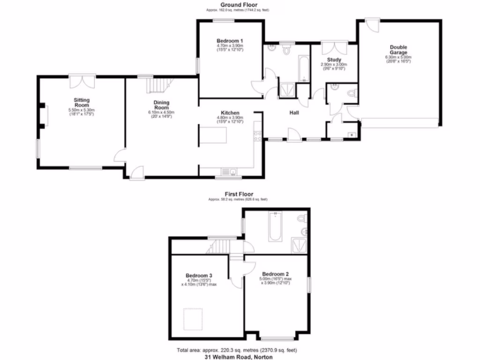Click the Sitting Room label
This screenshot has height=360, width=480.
(82, 102)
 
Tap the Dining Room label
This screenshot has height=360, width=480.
(161, 105)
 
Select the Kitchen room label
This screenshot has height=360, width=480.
(230, 113)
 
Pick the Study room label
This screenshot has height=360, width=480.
(334, 60)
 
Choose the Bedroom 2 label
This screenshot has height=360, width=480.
(275, 274)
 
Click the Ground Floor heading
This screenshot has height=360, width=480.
(239, 5)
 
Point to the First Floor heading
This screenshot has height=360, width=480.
(239, 194)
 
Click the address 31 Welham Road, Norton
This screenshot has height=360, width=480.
(239, 357)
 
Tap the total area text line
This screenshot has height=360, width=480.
(237, 350)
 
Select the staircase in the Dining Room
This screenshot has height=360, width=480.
(158, 86)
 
